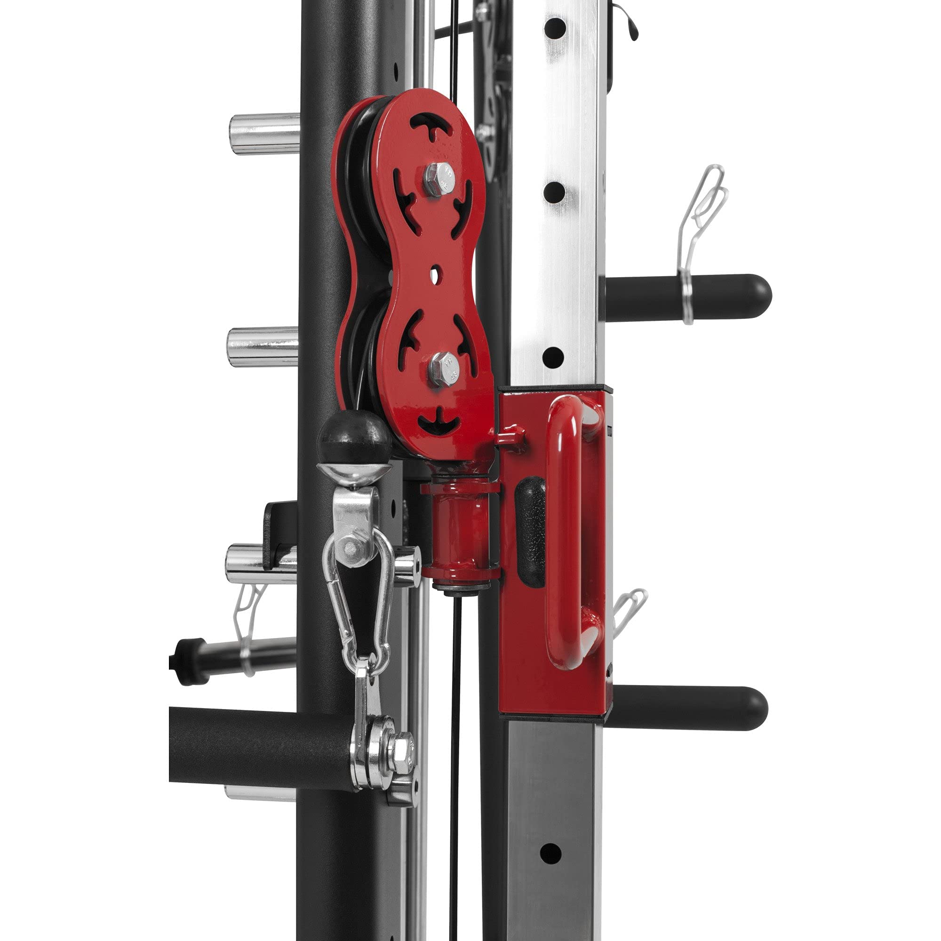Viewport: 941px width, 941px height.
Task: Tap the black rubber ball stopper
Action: (x=355, y=437)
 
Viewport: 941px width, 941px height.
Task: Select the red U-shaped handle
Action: (x=565, y=531)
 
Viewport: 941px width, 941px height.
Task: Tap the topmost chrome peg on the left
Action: (x=264, y=134)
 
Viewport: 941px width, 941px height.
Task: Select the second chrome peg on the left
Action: (x=263, y=347)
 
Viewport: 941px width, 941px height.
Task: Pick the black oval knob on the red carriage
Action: (x=530, y=531)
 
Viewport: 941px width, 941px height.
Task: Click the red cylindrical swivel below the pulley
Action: (x=459, y=534)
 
